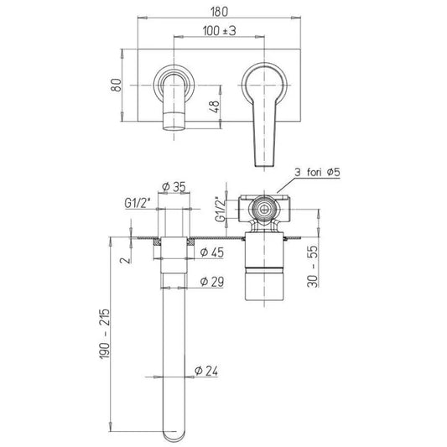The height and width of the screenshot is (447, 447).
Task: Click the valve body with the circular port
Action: tap(263, 207)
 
